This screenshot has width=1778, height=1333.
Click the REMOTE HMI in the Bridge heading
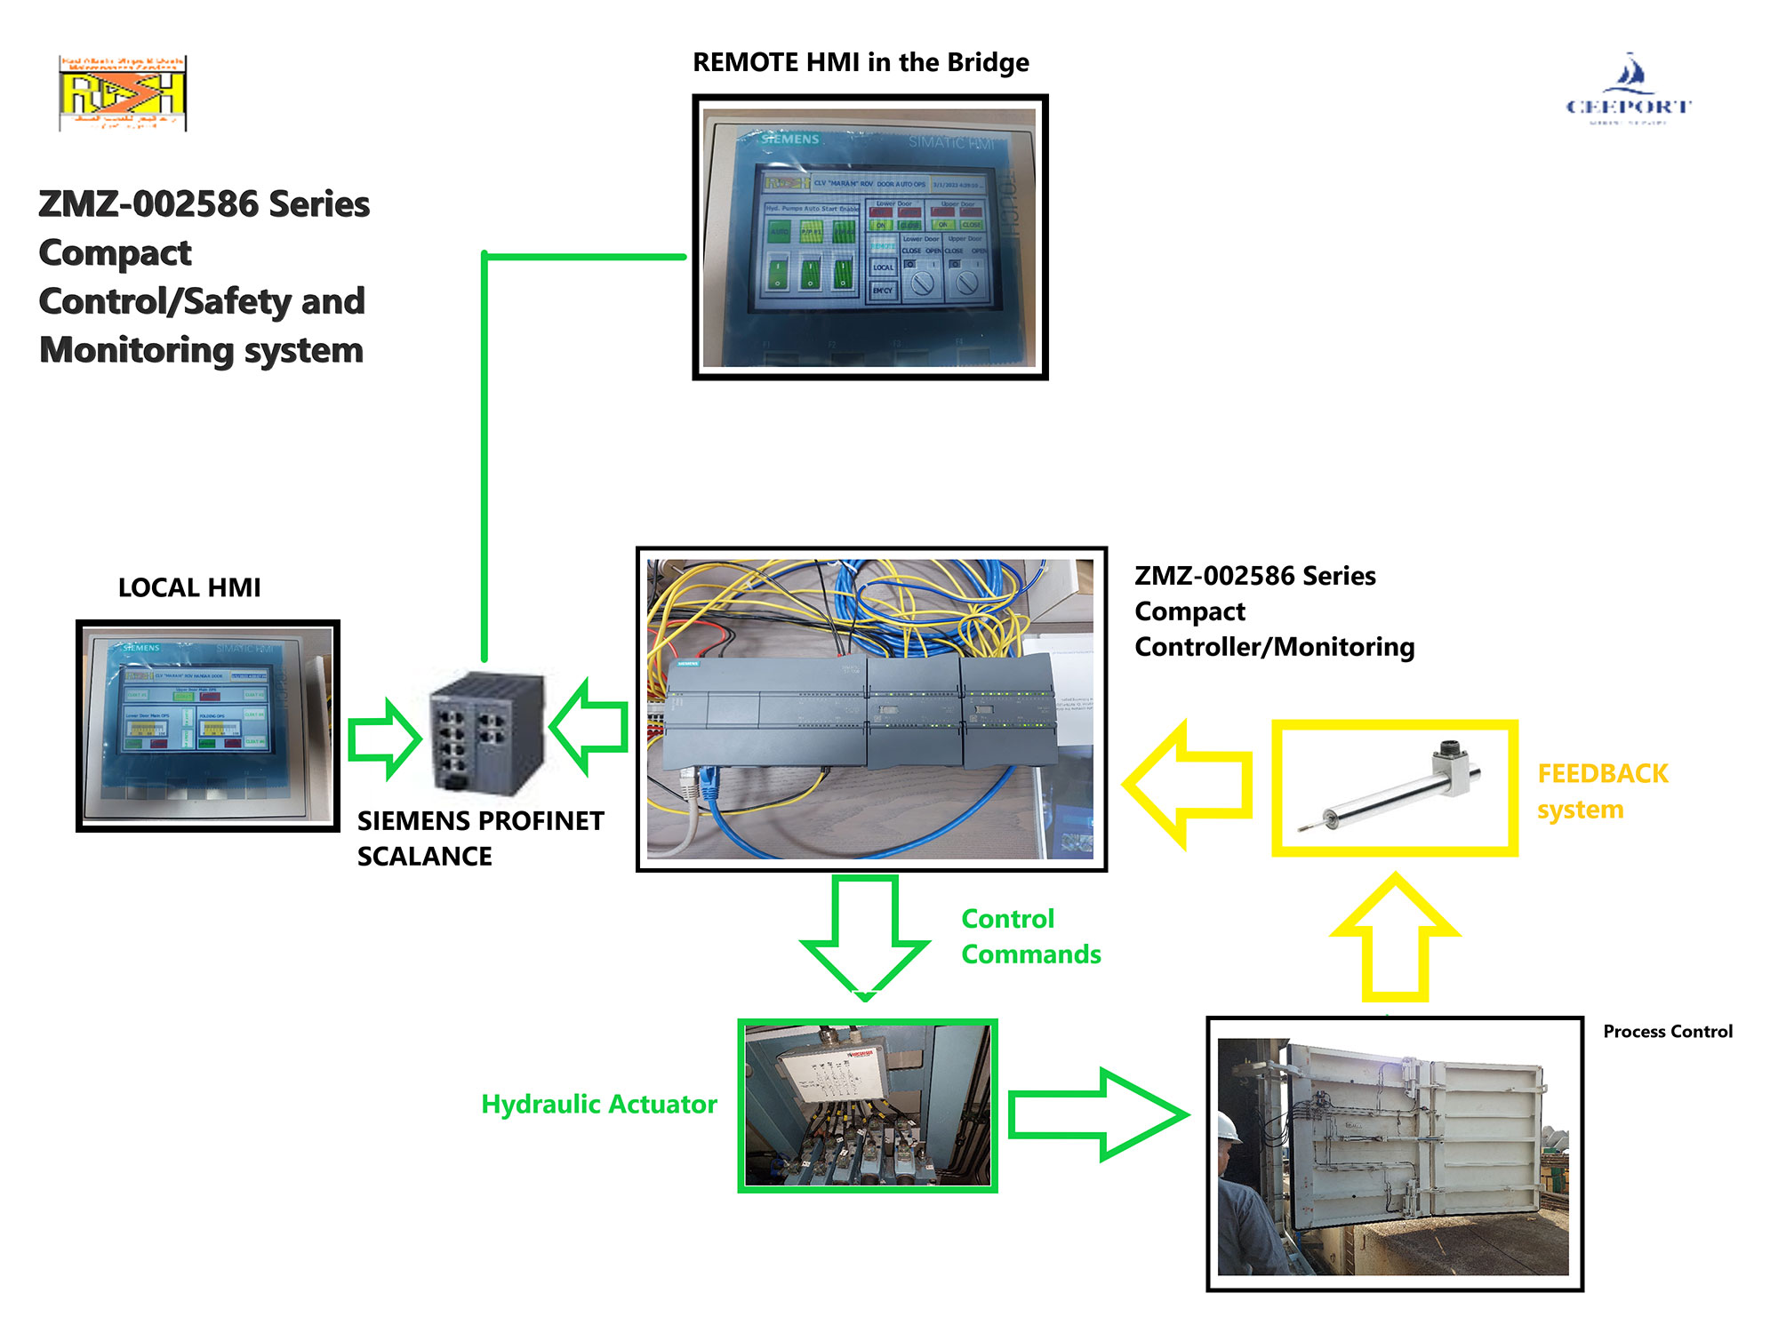pos(861,62)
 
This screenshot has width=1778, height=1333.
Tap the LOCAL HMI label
pos(189,587)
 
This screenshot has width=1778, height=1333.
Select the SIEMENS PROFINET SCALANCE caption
pos(480,838)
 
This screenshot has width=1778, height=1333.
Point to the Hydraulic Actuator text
pos(598,1104)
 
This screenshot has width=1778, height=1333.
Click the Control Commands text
pos(1030,936)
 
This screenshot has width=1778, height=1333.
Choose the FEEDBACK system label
pos(1602,791)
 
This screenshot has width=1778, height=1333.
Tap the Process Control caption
pos(1667,1031)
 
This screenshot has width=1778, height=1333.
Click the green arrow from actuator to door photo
pos(1099,1114)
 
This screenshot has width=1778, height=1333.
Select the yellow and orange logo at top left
pos(123,93)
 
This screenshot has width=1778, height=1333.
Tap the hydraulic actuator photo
pos(867,1106)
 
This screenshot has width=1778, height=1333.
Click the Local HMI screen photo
pos(208,725)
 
